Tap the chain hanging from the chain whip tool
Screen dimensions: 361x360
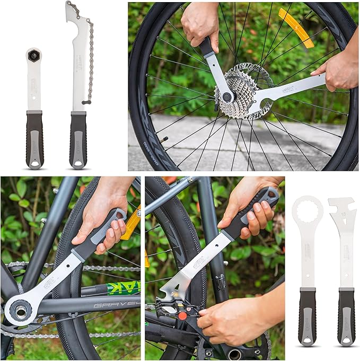90,58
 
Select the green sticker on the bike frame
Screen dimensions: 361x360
122,288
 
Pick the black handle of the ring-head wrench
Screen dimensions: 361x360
308,317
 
